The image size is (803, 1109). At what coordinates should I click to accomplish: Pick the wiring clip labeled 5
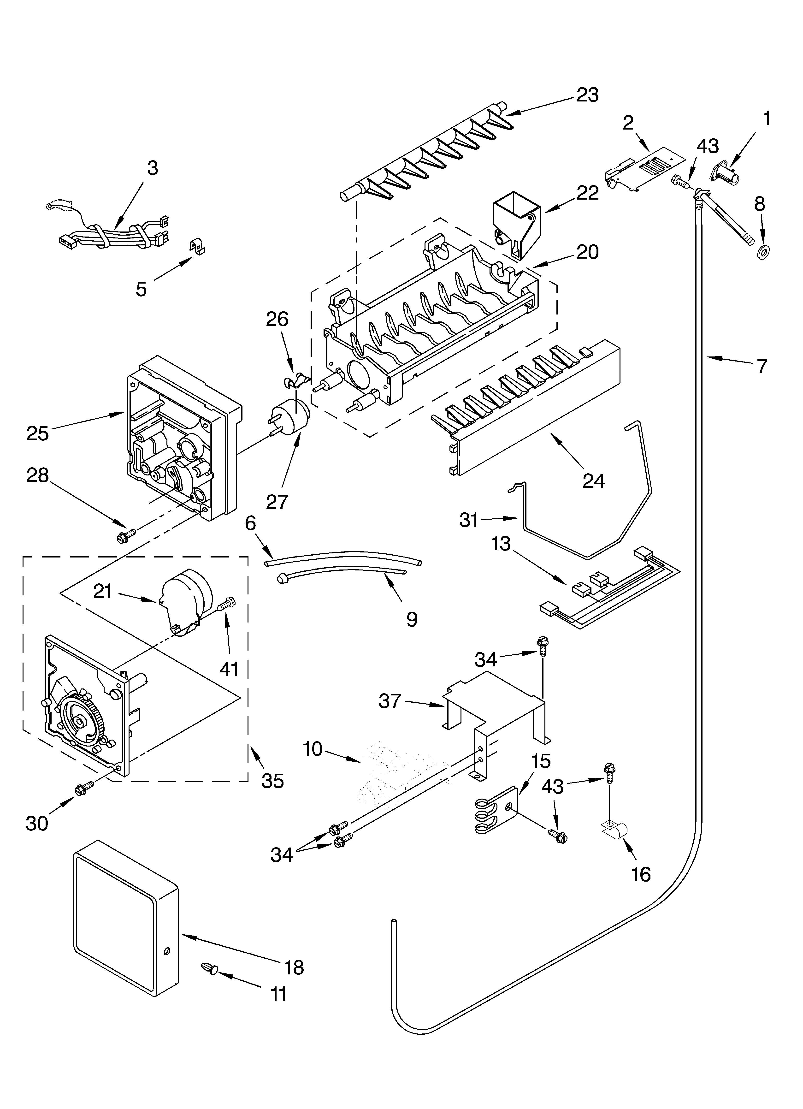coord(198,247)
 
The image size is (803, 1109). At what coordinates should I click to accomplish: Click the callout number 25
coord(38,433)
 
